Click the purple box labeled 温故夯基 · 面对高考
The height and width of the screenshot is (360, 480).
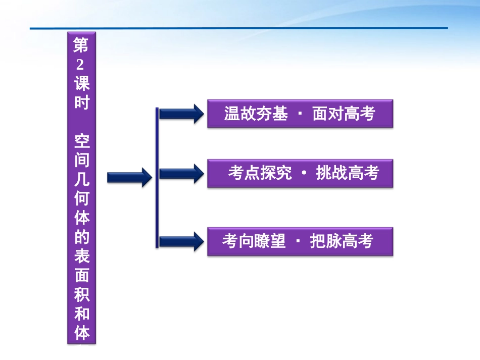pos(300,114)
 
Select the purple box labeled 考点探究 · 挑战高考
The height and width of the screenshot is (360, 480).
pos(300,174)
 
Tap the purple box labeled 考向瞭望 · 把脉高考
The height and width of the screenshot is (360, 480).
pos(300,242)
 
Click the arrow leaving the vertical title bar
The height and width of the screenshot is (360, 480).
pos(129,177)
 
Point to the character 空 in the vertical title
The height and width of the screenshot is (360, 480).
pos(81,141)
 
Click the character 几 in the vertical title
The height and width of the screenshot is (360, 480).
pos(81,179)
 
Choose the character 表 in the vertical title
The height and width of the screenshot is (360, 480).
pos(81,256)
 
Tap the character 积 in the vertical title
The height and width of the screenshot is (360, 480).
pos(81,294)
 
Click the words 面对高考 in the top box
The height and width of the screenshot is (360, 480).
pos(344,114)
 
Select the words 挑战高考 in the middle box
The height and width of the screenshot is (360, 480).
pos(347,174)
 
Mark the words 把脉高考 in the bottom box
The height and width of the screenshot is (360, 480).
pos(341,242)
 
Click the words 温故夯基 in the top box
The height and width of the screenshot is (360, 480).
pos(256,114)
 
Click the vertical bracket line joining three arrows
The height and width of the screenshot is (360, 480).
pos(158,177)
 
